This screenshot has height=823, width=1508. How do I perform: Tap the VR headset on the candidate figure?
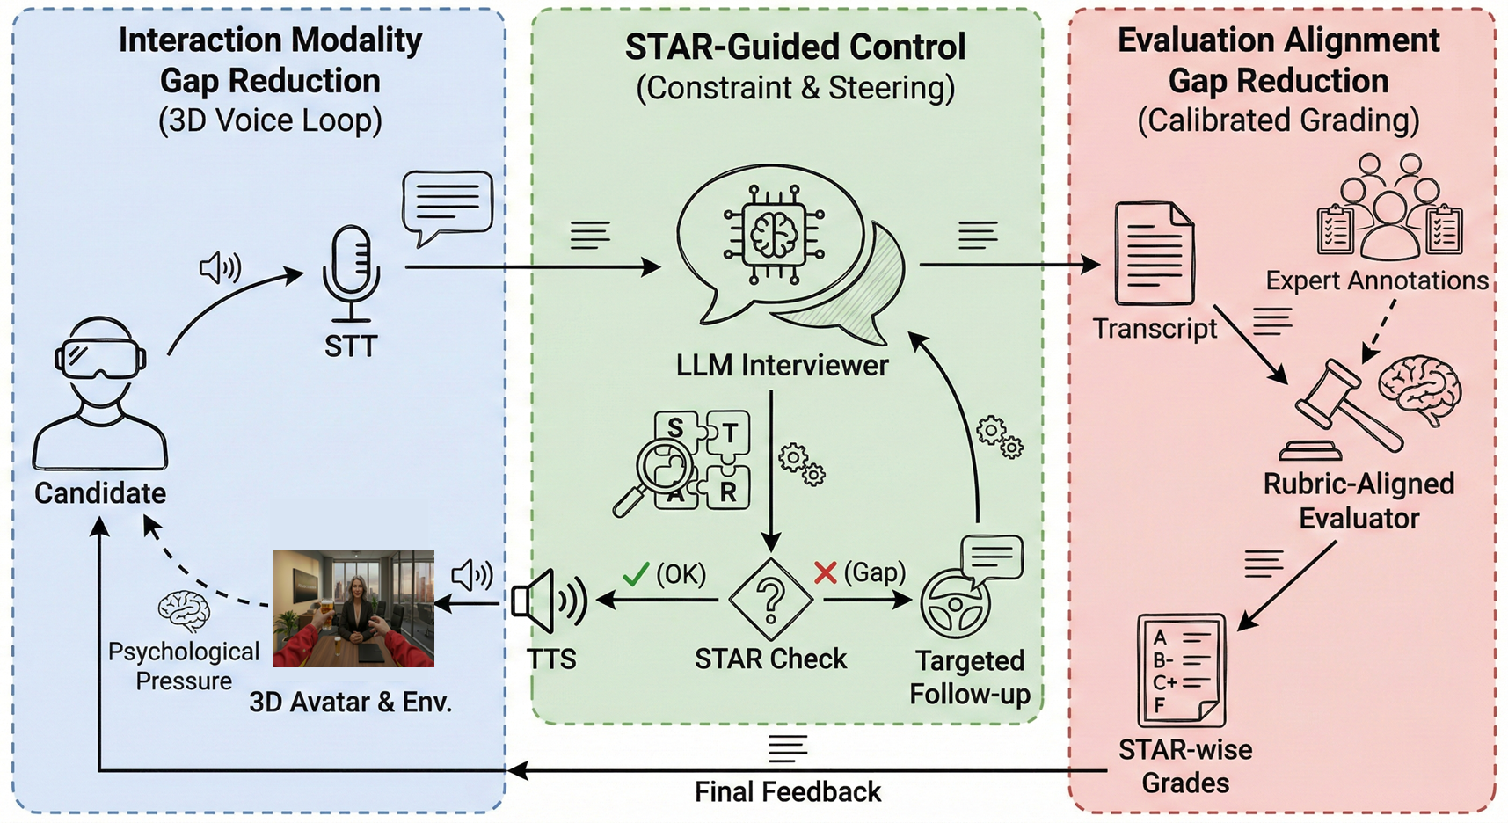point(100,359)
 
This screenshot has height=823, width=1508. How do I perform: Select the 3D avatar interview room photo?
point(353,608)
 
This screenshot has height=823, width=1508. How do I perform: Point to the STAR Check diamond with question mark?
point(771,601)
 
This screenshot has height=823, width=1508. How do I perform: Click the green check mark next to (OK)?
point(635,575)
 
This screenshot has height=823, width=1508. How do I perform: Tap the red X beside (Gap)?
point(825,573)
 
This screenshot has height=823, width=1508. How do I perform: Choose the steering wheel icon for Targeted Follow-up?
point(955,604)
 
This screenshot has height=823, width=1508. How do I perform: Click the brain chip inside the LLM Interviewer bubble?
point(774,234)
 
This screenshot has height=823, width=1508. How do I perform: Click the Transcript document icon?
point(1154,254)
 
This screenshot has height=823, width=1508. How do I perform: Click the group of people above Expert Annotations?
point(1389,208)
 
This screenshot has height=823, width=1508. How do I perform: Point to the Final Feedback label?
point(787,792)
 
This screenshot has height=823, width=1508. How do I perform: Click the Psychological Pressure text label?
point(184,666)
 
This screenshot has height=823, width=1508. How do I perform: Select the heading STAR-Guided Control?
point(795,47)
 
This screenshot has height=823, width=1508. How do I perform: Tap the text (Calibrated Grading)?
point(1278,120)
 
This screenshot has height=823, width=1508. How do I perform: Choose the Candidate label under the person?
point(100,493)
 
